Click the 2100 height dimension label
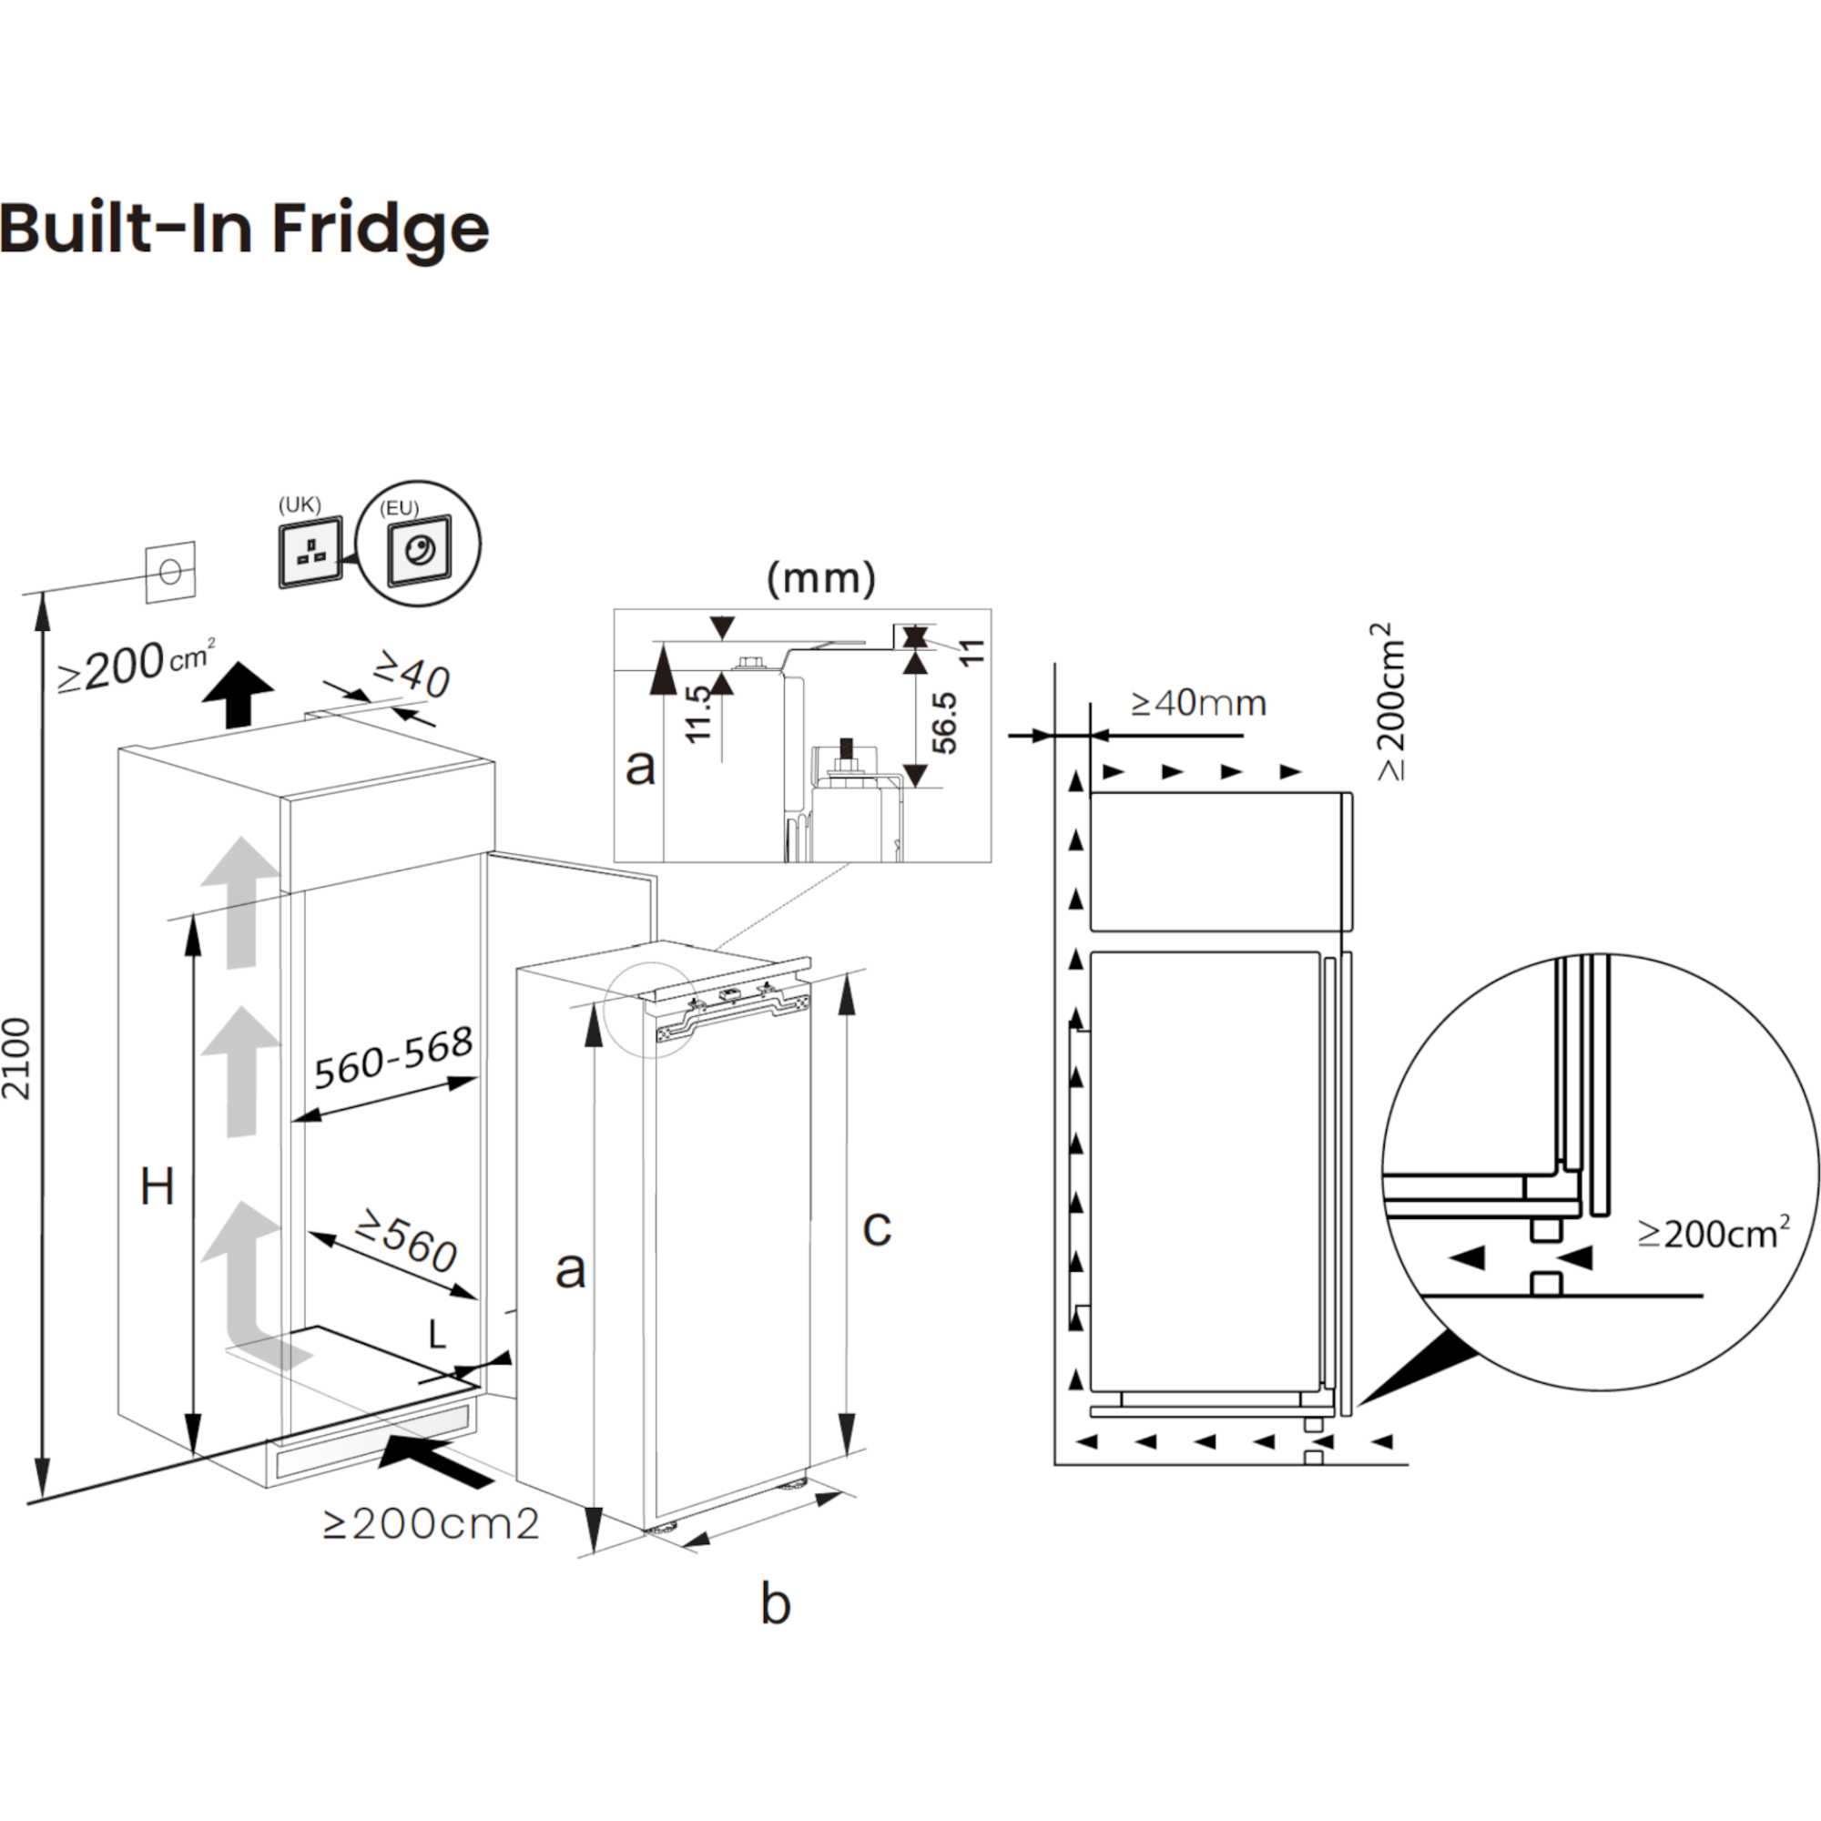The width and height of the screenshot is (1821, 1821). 17,1059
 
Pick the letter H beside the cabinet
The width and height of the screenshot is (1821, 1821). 157,1186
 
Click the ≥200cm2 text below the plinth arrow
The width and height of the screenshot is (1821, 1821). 431,1524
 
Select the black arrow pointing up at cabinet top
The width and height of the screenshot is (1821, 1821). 238,693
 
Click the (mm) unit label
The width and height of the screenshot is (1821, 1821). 821,578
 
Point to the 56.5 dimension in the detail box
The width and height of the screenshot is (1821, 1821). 943,723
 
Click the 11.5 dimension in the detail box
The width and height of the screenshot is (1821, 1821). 698,715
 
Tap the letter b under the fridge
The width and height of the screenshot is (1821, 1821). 775,1604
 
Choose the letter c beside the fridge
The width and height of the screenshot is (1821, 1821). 877,1227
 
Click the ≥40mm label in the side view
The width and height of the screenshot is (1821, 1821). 1198,702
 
